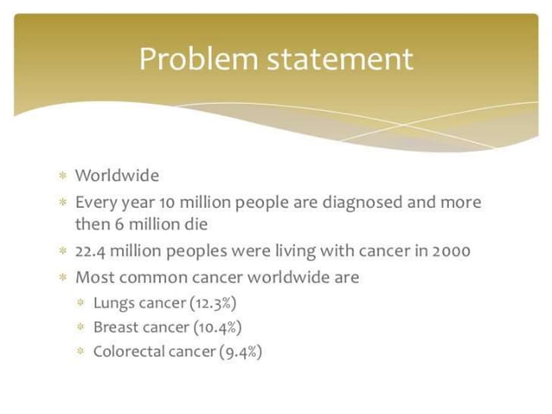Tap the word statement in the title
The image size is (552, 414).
pos(340,59)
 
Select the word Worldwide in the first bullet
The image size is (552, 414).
pos(117,176)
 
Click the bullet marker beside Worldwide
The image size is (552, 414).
pos(62,177)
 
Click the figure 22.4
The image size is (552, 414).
pos(92,251)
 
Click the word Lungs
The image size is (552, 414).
pos(113,303)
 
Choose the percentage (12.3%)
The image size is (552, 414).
pos(213,303)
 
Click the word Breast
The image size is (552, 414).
pos(116,327)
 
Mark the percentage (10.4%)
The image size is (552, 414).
pos(215,327)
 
